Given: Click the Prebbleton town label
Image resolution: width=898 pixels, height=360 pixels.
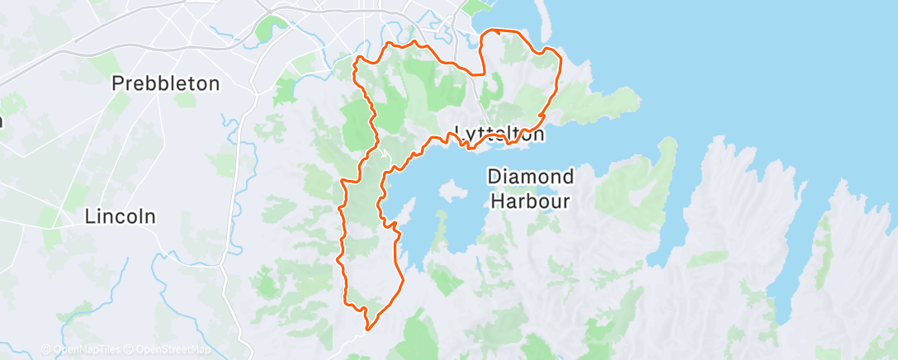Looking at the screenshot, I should coord(165,83).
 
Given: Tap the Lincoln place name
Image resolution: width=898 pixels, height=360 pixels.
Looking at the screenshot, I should coord(121,217).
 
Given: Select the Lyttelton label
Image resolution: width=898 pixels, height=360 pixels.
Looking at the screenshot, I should coord(499,134).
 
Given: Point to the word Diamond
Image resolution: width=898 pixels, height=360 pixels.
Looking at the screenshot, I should coord(530,177).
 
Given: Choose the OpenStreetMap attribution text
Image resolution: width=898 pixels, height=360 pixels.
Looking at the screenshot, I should coord(174,349).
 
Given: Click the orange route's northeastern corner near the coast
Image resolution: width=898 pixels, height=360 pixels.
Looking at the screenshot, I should coord(558,57).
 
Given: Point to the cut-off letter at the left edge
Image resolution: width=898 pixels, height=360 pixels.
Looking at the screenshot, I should coord(2,121).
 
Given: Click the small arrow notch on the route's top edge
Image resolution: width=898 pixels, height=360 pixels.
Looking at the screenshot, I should coord(415,40).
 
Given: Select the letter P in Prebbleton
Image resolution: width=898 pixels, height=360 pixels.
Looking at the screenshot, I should coord(116,83).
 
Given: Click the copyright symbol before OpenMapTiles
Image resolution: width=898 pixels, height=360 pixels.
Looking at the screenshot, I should coord(46,349).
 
